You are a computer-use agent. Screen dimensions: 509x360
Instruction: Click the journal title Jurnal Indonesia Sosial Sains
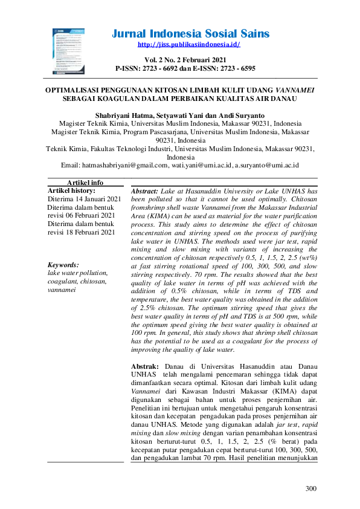190,34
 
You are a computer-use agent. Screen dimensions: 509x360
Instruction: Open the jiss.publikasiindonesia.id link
189,45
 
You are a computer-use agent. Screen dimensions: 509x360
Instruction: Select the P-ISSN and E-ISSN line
189,68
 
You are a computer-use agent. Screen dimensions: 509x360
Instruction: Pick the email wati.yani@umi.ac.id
202,164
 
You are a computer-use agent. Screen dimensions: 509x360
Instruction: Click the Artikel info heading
85,182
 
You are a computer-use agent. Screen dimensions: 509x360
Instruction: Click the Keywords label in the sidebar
63,265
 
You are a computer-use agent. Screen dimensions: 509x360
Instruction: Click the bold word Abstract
145,190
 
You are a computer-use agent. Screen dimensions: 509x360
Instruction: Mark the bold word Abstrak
144,366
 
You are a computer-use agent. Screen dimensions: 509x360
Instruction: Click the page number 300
310,488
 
